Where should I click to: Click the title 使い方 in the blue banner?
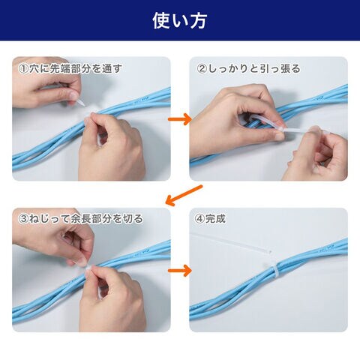tap(180, 21)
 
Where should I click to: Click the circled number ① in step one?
tap(23, 69)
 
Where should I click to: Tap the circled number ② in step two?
tap(202, 69)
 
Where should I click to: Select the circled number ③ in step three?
tap(23, 219)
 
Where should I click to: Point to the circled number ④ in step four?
tap(199, 219)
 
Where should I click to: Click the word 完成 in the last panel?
tap(215, 219)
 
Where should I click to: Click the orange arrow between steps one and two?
tap(180, 119)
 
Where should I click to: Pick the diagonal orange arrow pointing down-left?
tap(184, 195)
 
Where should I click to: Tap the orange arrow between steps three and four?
tap(180, 271)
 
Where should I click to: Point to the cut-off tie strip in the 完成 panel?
tap(231, 242)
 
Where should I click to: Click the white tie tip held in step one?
tap(80, 103)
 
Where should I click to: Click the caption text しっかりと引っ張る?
tap(253, 69)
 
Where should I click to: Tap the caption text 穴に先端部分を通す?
tap(75, 69)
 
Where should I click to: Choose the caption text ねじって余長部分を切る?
tap(85, 219)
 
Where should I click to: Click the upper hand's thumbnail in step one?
tap(73, 95)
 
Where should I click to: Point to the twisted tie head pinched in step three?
tap(88, 268)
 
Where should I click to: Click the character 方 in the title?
tap(198, 21)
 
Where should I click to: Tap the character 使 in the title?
tap(161, 21)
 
